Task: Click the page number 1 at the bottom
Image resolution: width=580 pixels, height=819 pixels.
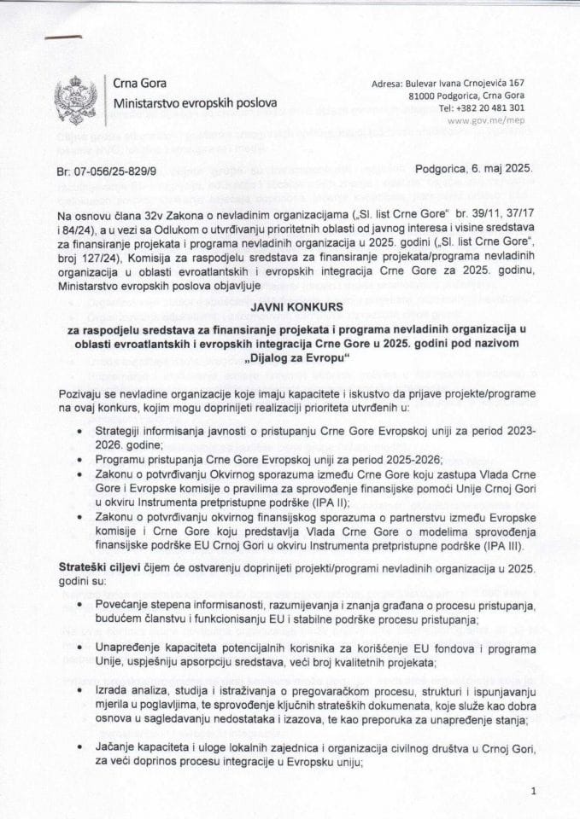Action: point(531,793)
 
